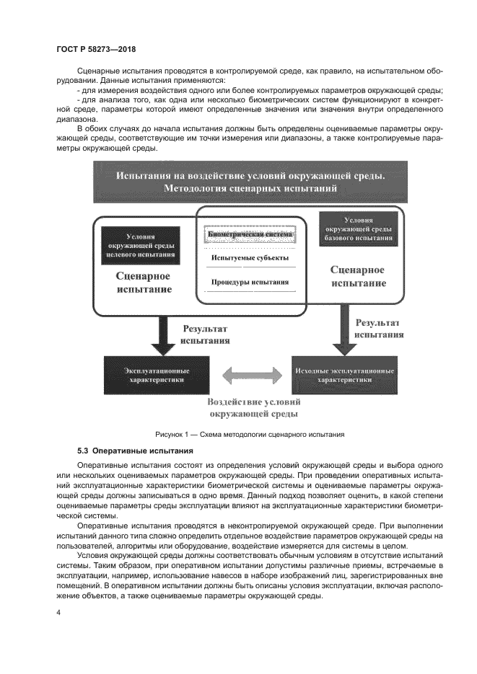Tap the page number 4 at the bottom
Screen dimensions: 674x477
coord(58,611)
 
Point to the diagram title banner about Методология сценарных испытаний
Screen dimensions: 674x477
coord(250,182)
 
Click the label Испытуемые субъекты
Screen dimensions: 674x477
coord(250,258)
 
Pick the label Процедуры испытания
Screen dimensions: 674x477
coord(250,282)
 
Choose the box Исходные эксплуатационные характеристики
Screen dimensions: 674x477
coord(344,374)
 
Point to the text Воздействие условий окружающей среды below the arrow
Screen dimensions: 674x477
coord(254,408)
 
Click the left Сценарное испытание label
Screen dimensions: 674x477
coord(144,282)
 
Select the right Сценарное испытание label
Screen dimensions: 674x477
coord(358,276)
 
